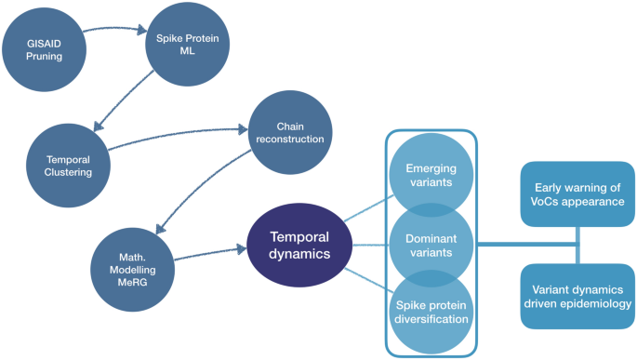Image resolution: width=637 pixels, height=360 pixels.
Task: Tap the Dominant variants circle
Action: click(x=430, y=246)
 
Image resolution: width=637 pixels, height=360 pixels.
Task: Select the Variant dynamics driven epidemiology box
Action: click(x=577, y=296)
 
